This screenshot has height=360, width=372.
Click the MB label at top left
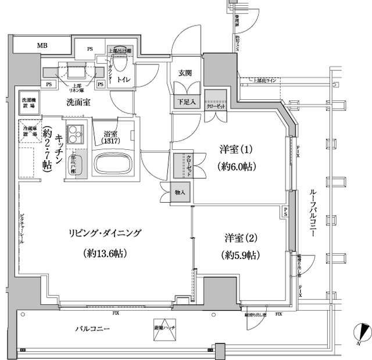pyautogui.click(x=42, y=46)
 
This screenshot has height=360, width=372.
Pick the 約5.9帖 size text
pyautogui.click(x=240, y=255)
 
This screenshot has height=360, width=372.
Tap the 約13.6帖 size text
pyautogui.click(x=105, y=253)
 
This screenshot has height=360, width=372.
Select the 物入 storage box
pyautogui.click(x=180, y=192)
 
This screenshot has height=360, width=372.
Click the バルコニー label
pyautogui.click(x=92, y=329)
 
